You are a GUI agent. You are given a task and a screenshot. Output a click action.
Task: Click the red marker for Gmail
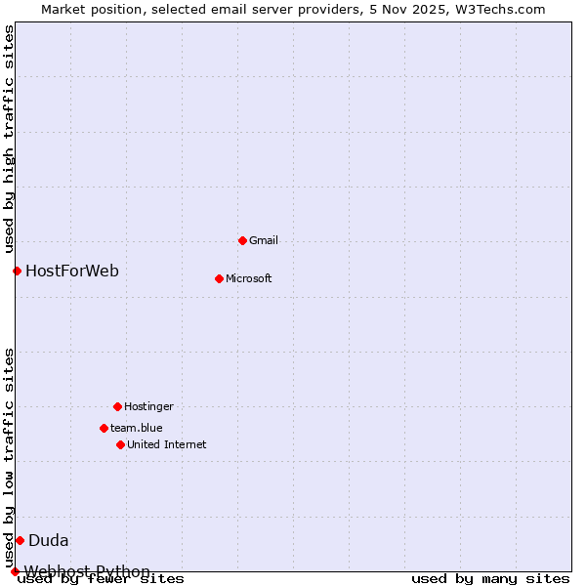(x=242, y=240)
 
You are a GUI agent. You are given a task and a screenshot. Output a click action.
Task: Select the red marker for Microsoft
(x=219, y=278)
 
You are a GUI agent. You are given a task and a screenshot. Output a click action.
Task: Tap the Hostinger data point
(x=117, y=406)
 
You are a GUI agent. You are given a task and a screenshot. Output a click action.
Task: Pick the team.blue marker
(x=104, y=428)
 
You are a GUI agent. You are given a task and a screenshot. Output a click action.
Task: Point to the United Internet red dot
(x=120, y=444)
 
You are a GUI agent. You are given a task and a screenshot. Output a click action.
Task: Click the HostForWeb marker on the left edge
(x=17, y=271)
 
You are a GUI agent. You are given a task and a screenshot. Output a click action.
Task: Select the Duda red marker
(x=20, y=540)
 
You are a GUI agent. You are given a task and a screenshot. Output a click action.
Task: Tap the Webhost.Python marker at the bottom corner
(x=15, y=571)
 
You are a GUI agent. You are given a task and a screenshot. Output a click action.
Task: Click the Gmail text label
(x=264, y=240)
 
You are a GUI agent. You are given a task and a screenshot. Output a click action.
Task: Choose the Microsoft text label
(x=249, y=278)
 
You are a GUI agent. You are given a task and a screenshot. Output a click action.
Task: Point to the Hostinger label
(x=148, y=406)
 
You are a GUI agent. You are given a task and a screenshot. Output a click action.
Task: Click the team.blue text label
(x=137, y=428)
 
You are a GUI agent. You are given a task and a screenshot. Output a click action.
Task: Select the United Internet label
(x=167, y=444)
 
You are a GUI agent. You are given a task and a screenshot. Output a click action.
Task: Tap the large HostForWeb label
(x=72, y=271)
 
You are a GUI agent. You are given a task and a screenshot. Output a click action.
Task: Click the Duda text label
(x=49, y=540)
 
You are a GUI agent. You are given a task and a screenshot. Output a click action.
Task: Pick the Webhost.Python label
(x=88, y=571)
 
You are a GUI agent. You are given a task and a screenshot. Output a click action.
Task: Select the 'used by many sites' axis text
(x=490, y=578)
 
